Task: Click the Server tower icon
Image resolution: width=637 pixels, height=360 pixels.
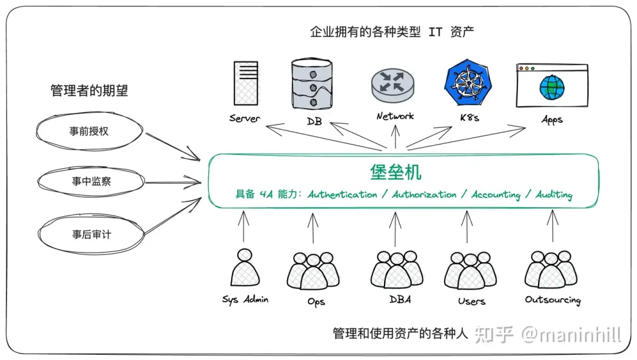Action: click(x=246, y=83)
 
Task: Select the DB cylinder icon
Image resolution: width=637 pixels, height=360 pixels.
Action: click(x=312, y=84)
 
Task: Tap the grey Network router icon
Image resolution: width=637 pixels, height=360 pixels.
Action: click(x=392, y=86)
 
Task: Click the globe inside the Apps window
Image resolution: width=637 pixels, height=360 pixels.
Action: click(x=552, y=87)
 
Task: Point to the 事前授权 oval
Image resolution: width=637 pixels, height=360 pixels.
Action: click(x=90, y=131)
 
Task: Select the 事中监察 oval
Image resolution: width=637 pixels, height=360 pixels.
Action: click(x=91, y=181)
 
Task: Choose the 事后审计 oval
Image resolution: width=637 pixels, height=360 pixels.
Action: click(x=91, y=234)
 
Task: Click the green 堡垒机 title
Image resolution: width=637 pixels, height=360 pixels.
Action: click(x=395, y=172)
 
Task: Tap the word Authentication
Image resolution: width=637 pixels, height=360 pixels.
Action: click(x=342, y=195)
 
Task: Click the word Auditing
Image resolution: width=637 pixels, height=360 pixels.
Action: click(x=554, y=195)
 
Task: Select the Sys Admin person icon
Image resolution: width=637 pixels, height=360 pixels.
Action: click(x=245, y=267)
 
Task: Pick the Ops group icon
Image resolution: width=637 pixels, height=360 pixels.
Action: click(x=313, y=271)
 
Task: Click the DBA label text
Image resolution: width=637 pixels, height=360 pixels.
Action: click(x=400, y=299)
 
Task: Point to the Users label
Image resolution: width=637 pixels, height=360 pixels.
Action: click(x=472, y=301)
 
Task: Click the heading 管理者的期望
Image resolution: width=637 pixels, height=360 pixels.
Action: click(x=90, y=90)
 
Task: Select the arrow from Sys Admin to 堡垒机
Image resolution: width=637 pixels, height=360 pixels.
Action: click(x=244, y=226)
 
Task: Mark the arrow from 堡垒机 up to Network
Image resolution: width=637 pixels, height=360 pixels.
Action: click(x=395, y=136)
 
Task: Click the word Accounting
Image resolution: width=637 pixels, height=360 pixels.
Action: click(x=495, y=195)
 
